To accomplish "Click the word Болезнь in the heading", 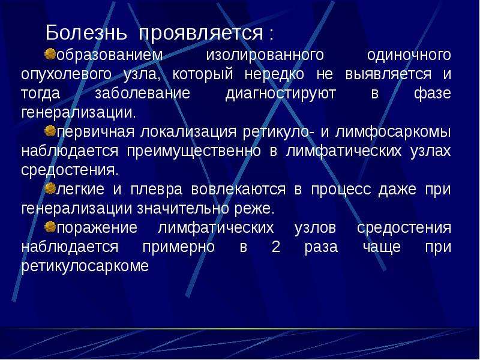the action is (86, 32).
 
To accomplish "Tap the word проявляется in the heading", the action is (201, 33).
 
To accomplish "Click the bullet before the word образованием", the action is (50, 54).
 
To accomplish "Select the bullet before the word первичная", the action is (50, 131).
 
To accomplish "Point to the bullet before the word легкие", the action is (50, 188).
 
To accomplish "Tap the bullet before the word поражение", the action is (50, 227).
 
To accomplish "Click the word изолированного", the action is (265, 56).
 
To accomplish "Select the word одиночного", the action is (409, 56).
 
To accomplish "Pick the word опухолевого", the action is (67, 75).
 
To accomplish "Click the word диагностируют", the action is (281, 94).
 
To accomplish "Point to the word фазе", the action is (433, 94).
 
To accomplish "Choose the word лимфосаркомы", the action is (393, 133).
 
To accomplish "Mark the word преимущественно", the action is (194, 152).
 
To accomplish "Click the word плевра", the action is (157, 190).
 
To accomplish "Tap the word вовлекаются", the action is (238, 190).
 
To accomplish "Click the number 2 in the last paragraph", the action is (276, 247).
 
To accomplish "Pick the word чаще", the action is (382, 247).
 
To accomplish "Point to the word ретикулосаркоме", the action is (85, 266).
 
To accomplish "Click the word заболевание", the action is (142, 94).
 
